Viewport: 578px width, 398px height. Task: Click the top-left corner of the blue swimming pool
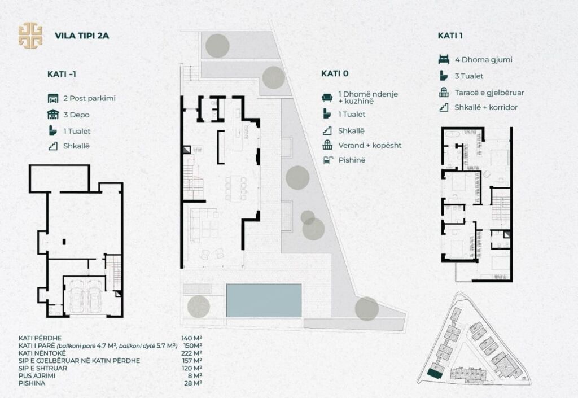click(x=226, y=284)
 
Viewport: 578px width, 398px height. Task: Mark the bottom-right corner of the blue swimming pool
click(x=301, y=317)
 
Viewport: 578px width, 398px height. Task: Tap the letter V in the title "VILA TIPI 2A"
click(x=58, y=36)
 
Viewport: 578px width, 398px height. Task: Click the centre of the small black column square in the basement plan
click(x=64, y=242)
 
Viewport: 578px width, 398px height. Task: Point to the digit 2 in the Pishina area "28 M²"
click(x=186, y=383)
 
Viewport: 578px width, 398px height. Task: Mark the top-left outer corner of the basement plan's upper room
click(x=29, y=165)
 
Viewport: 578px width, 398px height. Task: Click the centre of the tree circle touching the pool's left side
click(x=199, y=306)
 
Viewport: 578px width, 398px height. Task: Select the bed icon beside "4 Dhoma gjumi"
click(x=444, y=59)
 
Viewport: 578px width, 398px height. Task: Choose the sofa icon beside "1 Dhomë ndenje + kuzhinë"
click(x=327, y=97)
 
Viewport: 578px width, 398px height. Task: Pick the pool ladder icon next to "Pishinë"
click(x=327, y=160)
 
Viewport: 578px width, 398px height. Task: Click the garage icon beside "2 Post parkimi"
click(x=53, y=98)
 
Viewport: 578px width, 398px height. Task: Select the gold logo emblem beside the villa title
click(x=30, y=36)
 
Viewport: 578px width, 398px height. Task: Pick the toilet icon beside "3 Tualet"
click(x=444, y=76)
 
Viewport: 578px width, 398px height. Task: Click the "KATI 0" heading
click(x=335, y=73)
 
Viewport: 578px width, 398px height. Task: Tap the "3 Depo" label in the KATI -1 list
click(x=76, y=115)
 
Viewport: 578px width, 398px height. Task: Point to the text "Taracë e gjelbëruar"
click(x=489, y=93)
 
